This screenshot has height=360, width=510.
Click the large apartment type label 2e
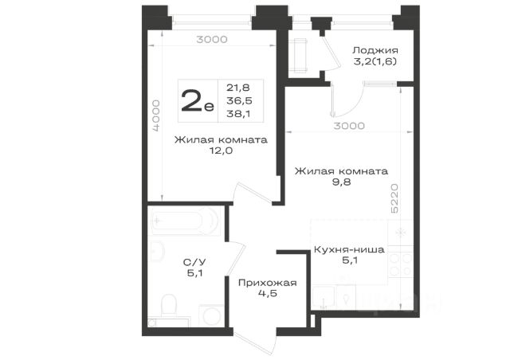tap(198, 100)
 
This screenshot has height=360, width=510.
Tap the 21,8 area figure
tap(238, 88)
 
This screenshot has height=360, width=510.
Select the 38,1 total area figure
tap(238, 114)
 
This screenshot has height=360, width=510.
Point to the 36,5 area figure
tap(239, 101)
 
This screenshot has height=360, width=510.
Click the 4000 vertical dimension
tap(156, 115)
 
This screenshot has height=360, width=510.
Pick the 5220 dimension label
tap(394, 198)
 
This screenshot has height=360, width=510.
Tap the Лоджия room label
tap(375, 50)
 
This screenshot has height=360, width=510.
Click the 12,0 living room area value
tap(222, 151)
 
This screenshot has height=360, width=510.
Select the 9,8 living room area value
tap(342, 182)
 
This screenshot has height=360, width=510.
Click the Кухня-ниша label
tap(349, 250)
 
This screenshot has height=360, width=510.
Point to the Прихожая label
tap(268, 283)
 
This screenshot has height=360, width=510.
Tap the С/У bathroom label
tap(194, 262)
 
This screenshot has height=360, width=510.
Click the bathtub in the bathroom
tap(186, 221)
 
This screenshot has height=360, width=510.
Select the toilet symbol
tap(168, 305)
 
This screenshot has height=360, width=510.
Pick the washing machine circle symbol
tap(212, 315)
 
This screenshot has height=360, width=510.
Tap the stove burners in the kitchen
tap(401, 264)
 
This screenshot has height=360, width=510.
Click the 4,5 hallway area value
tap(268, 294)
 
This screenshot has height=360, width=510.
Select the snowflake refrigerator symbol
tap(401, 233)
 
